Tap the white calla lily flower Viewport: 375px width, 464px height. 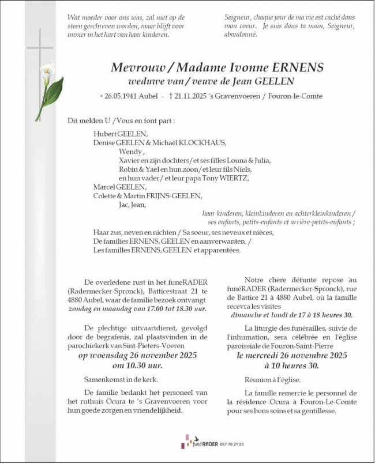pyautogui.click(x=47, y=73)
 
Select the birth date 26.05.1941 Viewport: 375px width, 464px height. pyautogui.click(x=123, y=96)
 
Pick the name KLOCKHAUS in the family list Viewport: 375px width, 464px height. pyautogui.click(x=206, y=143)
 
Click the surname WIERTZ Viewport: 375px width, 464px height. pyautogui.click(x=233, y=178)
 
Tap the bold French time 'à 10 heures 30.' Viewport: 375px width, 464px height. pyautogui.click(x=292, y=365)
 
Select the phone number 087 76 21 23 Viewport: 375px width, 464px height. pyautogui.click(x=231, y=444)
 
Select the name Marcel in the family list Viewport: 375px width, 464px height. pyautogui.click(x=104, y=187)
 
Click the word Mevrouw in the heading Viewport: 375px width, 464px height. pyautogui.click(x=134, y=67)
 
